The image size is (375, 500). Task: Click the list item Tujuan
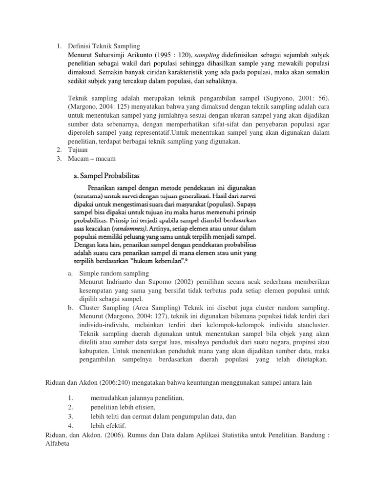(79, 150)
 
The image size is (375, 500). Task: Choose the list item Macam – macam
(91, 159)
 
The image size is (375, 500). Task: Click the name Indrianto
(126, 282)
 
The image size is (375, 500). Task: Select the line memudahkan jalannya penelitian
(137, 398)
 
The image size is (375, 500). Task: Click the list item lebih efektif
(108, 425)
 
